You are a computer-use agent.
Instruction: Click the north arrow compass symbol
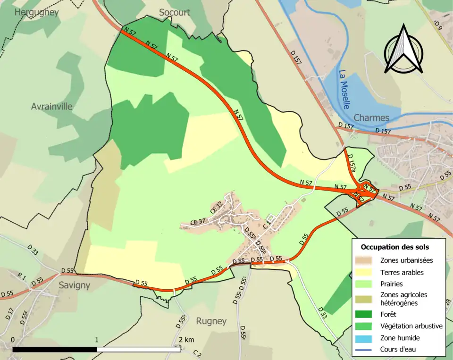click(403, 50)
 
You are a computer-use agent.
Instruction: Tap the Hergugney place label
click(36, 12)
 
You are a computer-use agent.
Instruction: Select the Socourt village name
click(174, 12)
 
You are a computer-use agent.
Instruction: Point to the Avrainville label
click(52, 107)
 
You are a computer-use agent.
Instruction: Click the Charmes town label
click(371, 117)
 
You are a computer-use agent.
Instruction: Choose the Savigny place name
click(74, 285)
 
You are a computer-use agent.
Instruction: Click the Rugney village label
click(211, 321)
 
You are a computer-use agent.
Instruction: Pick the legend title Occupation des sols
click(395, 247)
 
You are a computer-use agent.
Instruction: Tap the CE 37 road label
click(198, 222)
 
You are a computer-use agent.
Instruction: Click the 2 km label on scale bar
click(186, 340)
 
